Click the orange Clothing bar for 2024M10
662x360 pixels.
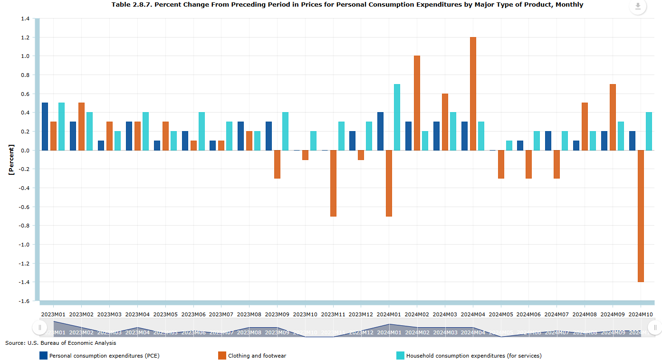pyautogui.click(x=641, y=216)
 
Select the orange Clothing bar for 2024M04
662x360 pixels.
pyautogui.click(x=473, y=94)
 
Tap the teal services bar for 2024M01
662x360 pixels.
pyautogui.click(x=397, y=117)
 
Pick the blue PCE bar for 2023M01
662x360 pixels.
pyautogui.click(x=45, y=126)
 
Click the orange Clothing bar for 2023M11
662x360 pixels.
pyautogui.click(x=333, y=183)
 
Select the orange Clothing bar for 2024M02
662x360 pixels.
pyautogui.click(x=417, y=103)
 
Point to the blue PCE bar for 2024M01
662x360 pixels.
pyautogui.click(x=380, y=131)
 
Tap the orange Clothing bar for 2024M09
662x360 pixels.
pyautogui.click(x=613, y=117)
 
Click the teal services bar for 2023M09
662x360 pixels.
pyautogui.click(x=285, y=131)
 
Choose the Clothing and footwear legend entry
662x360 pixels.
pyautogui.click(x=257, y=355)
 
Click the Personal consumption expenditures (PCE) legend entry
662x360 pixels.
pyautogui.click(x=104, y=355)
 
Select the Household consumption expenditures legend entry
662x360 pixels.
pyautogui.click(x=473, y=355)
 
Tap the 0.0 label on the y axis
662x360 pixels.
pyautogui.click(x=25, y=151)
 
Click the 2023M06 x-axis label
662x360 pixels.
pyautogui.click(x=193, y=314)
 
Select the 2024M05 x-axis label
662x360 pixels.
pyautogui.click(x=501, y=314)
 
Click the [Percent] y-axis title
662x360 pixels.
pyautogui.click(x=11, y=160)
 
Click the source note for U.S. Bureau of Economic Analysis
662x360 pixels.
pyautogui.click(x=60, y=343)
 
